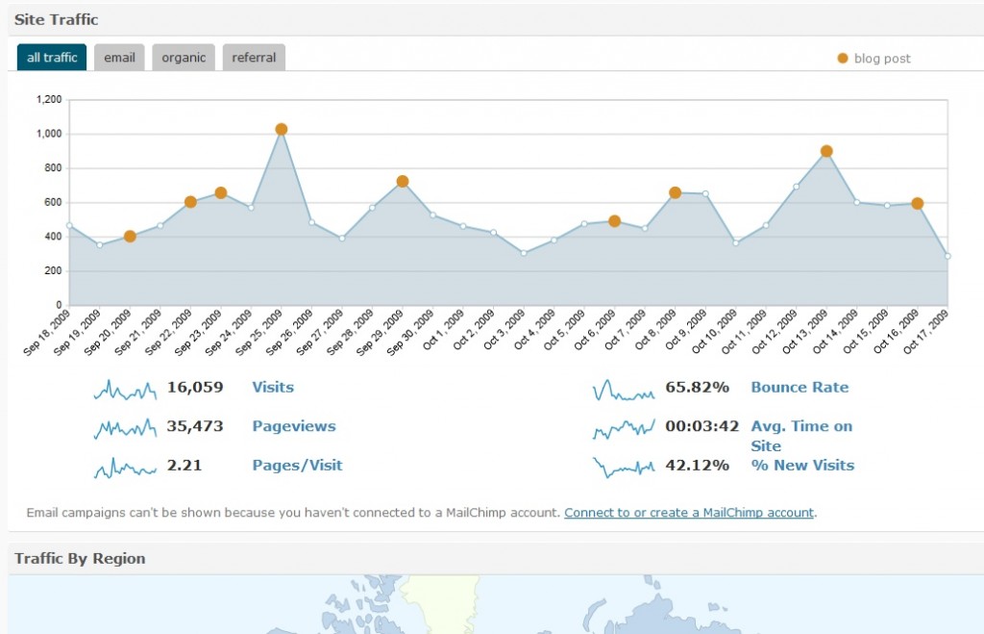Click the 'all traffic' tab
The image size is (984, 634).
52,57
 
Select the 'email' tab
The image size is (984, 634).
119,57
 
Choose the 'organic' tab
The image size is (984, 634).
184,57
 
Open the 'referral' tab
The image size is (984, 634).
254,57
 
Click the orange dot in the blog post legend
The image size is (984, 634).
842,59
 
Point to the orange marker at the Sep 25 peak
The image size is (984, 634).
282,130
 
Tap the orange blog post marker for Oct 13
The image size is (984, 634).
826,151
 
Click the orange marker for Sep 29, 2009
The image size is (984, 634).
403,182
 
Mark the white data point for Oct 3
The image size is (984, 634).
524,253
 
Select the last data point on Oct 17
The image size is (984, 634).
947,256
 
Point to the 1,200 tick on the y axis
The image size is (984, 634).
49,99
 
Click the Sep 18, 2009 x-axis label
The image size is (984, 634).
47,333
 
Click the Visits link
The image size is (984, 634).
273,387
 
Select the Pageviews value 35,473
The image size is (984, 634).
194,426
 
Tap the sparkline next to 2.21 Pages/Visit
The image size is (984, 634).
125,469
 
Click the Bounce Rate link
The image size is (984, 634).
799,387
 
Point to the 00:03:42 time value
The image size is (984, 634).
702,426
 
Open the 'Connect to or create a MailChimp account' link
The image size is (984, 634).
689,513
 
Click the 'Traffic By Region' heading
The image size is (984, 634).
80,559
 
